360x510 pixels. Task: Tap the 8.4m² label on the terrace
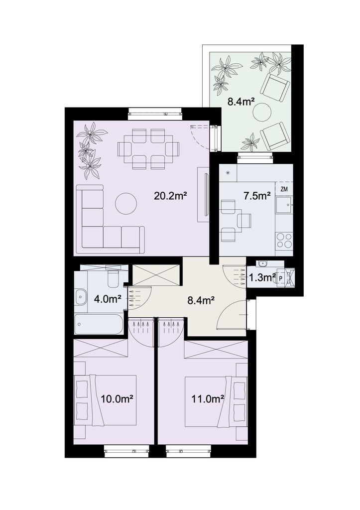[x=240, y=102]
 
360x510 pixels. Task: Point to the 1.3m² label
[x=262, y=277]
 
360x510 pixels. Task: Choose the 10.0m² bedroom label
[x=118, y=398]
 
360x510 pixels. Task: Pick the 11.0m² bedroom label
[x=208, y=398]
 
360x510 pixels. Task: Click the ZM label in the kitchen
[x=284, y=189]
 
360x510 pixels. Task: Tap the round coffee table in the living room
[x=126, y=204]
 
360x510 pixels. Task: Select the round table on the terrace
[x=262, y=112]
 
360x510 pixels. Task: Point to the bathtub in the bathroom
[x=99, y=324]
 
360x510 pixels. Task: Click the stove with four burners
[x=284, y=241]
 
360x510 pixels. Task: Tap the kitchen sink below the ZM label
[x=284, y=205]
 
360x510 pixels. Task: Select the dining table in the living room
[x=148, y=149]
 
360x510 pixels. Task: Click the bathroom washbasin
[x=81, y=297]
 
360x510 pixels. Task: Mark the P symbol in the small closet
[x=281, y=278]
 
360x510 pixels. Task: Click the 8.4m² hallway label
[x=201, y=300]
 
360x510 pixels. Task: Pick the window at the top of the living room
[x=154, y=114]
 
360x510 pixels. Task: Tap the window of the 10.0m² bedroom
[x=126, y=451]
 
